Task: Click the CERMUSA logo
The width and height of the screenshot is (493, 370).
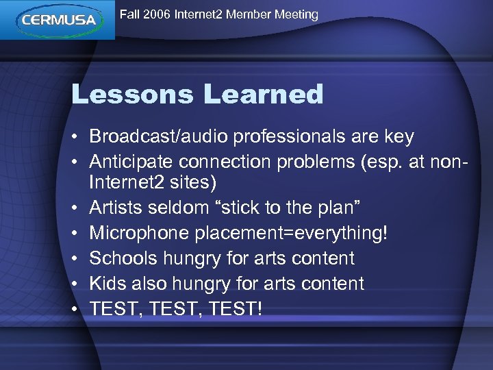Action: (x=58, y=20)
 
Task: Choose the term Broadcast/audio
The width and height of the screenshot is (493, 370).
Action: (x=159, y=136)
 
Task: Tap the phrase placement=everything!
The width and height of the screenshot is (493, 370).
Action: (x=291, y=234)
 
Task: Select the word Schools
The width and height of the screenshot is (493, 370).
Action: (x=123, y=258)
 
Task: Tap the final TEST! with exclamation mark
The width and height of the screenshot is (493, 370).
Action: (x=236, y=308)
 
